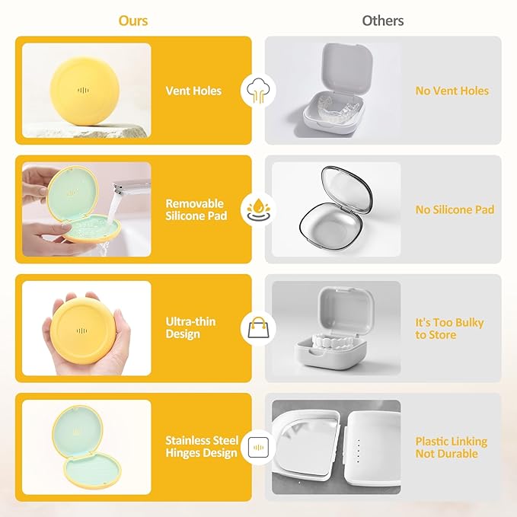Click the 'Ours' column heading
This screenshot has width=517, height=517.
[133, 21]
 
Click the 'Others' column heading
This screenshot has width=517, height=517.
[383, 21]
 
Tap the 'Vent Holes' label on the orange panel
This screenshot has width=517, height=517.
[193, 91]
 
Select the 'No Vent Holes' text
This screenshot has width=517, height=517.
[452, 91]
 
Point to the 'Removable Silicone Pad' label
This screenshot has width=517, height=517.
[196, 209]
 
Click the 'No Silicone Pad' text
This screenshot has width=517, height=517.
[455, 209]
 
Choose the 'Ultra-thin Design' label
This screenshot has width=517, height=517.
[190, 327]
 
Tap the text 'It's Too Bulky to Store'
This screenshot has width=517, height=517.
[449, 328]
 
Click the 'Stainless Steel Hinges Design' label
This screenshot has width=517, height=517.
[202, 446]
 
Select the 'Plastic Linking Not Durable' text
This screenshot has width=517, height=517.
[451, 448]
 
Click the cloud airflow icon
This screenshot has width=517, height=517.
[258, 91]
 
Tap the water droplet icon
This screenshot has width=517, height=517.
[258, 209]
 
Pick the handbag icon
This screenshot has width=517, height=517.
[258, 327]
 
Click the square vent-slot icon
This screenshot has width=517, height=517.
[258, 447]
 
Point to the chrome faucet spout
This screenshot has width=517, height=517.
[130, 188]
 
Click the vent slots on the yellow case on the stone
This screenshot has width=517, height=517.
[84, 90]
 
